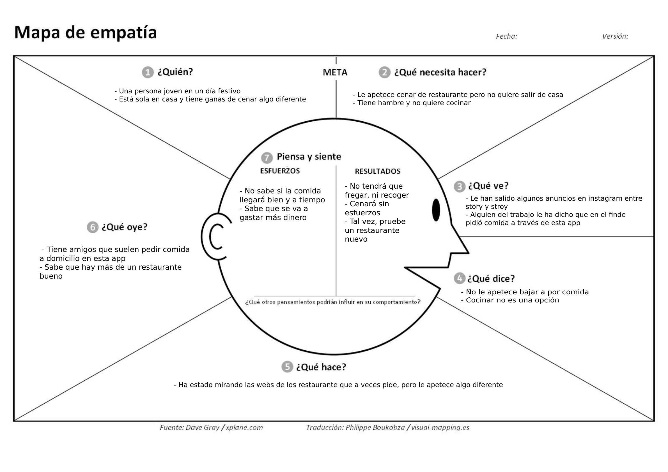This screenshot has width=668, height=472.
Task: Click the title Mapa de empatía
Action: coord(86,33)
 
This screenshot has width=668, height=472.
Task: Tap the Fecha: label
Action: coord(506,36)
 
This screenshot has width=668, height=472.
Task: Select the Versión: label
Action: coord(615,36)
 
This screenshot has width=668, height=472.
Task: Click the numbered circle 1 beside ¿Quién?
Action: coord(148,72)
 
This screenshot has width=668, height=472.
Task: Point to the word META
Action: coord(335,72)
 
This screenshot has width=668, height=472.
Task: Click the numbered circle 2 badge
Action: coord(384,72)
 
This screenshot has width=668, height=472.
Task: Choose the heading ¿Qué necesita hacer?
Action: coord(440,72)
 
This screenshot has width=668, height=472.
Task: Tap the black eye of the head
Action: coord(436,210)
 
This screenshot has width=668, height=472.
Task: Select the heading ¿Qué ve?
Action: coord(488,186)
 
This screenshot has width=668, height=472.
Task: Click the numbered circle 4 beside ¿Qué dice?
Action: coord(459,278)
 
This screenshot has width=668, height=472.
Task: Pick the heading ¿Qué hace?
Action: coord(321,367)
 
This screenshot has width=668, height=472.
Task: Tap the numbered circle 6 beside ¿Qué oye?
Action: coord(93,227)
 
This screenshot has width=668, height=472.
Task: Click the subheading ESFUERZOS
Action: coord(280,171)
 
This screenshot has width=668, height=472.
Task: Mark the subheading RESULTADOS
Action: coord(377,172)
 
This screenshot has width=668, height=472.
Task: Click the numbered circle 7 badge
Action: coord(267,158)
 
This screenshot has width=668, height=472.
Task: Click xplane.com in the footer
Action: coord(244,427)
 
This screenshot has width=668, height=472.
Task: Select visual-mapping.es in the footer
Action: coord(440,427)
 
